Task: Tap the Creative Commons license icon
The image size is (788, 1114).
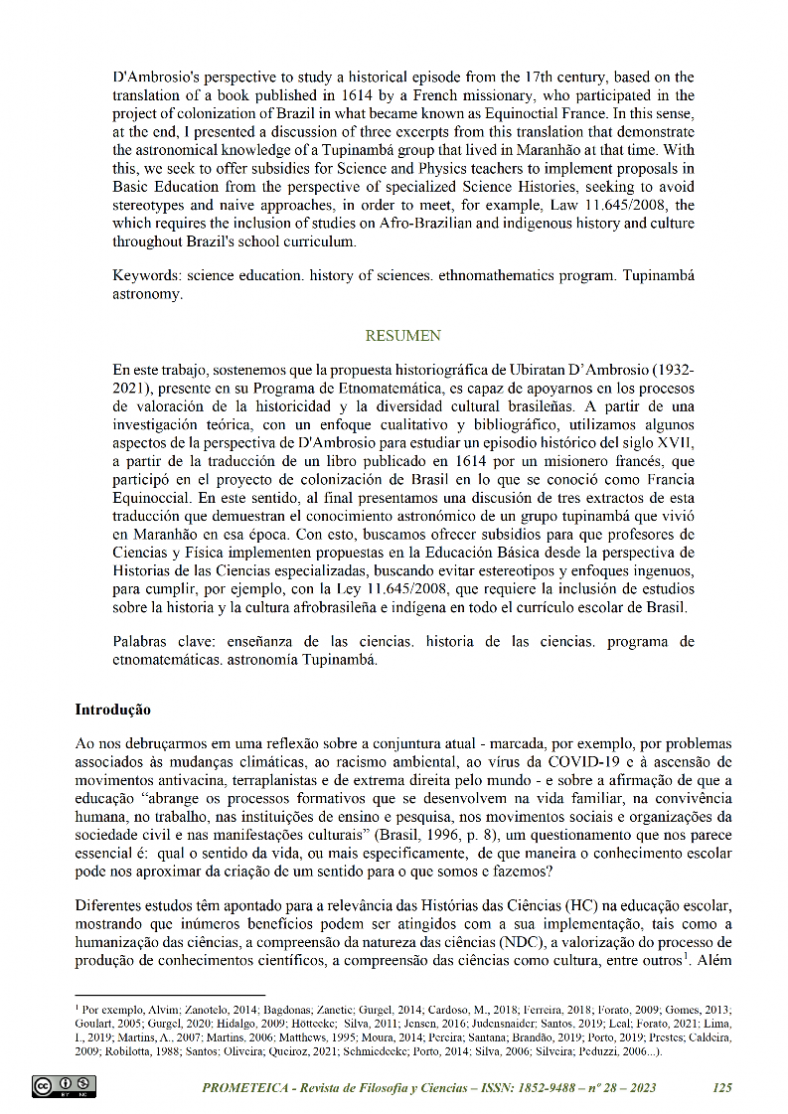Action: click(x=64, y=1086)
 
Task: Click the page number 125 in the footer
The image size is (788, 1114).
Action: click(x=722, y=1088)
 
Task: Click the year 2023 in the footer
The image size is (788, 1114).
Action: click(x=637, y=1088)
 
